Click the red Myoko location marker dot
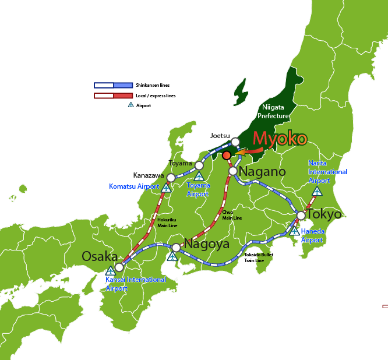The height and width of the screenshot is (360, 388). (x=226, y=154)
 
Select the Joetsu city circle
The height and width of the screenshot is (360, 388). (x=235, y=142)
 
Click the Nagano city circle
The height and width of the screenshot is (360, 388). (x=233, y=171)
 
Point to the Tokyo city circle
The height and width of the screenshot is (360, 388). (x=301, y=216)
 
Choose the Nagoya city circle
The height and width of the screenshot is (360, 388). (x=176, y=247)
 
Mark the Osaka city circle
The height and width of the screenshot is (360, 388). (x=119, y=267)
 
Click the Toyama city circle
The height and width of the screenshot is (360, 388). (x=199, y=165)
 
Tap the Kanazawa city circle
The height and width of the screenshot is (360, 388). (x=171, y=178)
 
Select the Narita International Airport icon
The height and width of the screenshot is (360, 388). (x=317, y=191)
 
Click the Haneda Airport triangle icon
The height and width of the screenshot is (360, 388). (x=295, y=231)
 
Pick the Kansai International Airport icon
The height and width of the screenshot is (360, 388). (x=110, y=271)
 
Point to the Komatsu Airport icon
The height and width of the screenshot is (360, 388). (x=166, y=188)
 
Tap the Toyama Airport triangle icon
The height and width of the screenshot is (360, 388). (x=199, y=176)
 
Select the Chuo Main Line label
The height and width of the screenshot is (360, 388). (x=232, y=216)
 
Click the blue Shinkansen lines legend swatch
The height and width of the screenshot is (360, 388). (x=114, y=85)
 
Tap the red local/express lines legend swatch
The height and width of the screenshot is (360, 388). (x=114, y=96)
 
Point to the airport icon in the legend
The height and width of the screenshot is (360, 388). (x=130, y=105)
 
